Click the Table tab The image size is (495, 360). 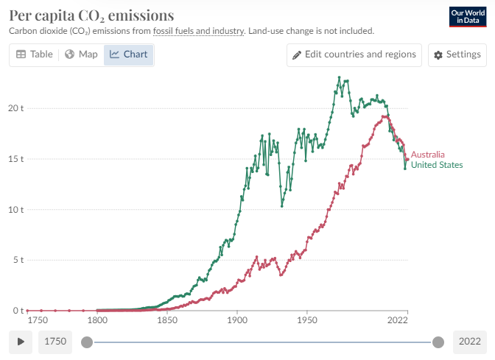[x=35, y=54]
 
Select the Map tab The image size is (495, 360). [x=81, y=54]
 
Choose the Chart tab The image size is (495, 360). [x=129, y=54]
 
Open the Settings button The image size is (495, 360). [x=457, y=54]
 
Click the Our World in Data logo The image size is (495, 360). [x=467, y=17]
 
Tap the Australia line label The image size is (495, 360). [x=428, y=155]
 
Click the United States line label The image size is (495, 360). [x=437, y=165]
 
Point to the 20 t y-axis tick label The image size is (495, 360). [x=16, y=108]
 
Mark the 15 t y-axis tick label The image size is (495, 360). [x=16, y=159]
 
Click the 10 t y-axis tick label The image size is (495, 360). [x=16, y=210]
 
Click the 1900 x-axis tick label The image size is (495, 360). [x=236, y=322]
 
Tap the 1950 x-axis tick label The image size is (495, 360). [x=306, y=322]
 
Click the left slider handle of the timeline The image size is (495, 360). [x=87, y=342]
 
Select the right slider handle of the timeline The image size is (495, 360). [x=438, y=342]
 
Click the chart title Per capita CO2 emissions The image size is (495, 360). [x=91, y=15]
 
